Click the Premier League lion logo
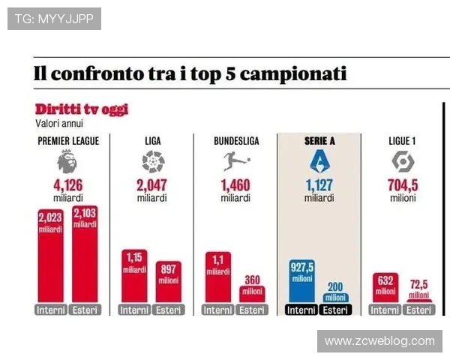pos(67,160)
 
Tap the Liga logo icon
pos(152,161)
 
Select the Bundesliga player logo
pos(235,160)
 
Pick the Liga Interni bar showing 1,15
pos(134,277)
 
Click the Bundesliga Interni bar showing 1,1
pos(218,277)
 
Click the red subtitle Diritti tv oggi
pos(82,109)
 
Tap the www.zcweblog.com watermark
pos(379,341)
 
